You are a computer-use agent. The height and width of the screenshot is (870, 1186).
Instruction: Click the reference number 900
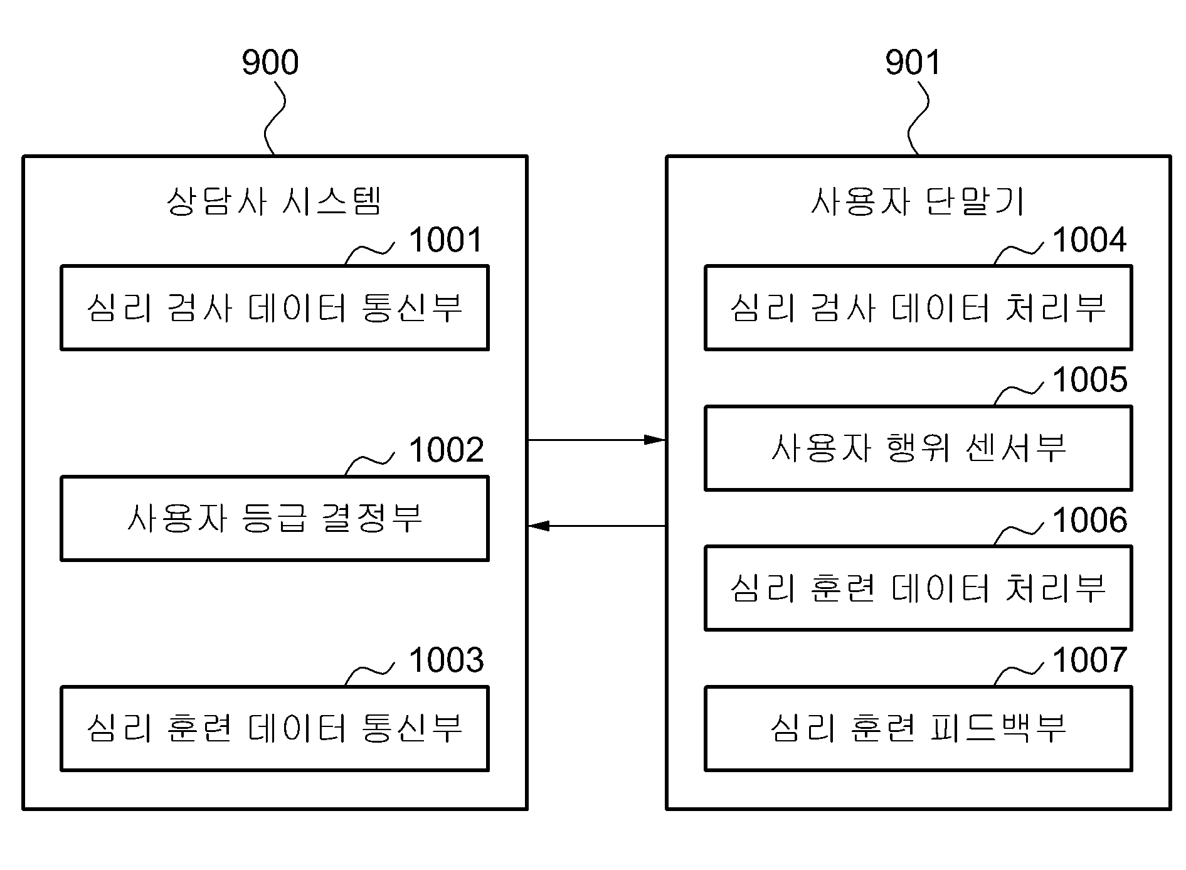270,62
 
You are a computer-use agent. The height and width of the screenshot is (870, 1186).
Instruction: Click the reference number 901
913,62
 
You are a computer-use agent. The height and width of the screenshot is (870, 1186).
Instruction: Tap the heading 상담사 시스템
274,201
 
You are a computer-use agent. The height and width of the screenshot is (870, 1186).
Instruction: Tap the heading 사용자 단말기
918,201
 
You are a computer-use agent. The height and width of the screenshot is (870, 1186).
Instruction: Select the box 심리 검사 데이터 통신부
275,307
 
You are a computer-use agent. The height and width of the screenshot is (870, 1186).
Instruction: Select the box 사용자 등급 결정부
275,518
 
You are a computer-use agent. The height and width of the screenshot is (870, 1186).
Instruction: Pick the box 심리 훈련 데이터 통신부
275,728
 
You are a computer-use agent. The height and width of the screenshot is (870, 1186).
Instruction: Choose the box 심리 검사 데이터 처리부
918,307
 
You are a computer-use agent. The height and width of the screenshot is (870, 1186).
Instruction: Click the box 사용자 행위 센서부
918,448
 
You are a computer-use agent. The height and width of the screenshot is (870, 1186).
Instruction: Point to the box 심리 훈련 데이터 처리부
918,588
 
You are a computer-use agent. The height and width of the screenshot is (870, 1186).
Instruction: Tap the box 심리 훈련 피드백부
918,728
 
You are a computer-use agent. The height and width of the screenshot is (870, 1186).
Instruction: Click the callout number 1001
446,240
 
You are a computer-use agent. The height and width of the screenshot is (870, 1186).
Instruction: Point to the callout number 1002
447,450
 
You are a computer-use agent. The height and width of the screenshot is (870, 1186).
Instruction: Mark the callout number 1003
447,660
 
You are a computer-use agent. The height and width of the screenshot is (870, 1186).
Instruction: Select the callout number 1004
1090,240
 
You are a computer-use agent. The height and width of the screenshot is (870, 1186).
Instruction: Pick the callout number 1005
1090,379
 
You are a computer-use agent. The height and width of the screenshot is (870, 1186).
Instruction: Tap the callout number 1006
1090,520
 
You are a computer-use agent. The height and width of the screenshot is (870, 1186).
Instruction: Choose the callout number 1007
1090,660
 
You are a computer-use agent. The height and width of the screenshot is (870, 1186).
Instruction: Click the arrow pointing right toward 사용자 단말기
596,440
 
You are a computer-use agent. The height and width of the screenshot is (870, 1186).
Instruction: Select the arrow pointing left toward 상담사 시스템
596,526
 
